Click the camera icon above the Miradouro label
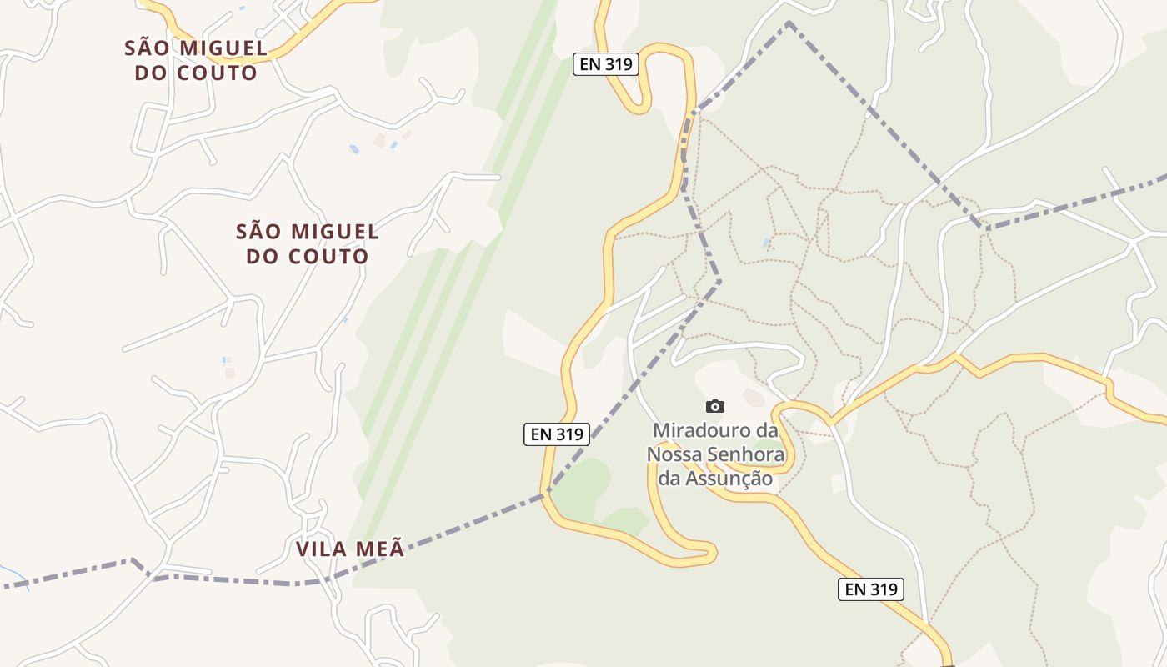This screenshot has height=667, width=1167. coord(714,407)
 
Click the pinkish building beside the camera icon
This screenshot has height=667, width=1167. coord(753,399)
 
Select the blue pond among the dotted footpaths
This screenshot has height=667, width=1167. coord(766,243)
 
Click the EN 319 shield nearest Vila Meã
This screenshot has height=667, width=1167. coord(556,434)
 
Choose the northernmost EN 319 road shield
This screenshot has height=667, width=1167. coord(605,64)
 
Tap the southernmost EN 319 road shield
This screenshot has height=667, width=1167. coord(870,589)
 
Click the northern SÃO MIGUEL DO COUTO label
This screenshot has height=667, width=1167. coord(197,60)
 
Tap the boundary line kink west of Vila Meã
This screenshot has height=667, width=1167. coord(133,560)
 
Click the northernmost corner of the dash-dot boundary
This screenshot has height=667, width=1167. coord(788,24)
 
